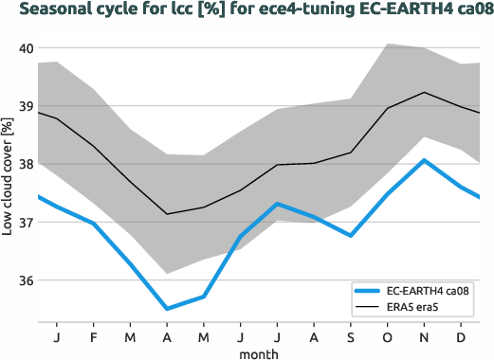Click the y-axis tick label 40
pyautogui.click(x=25, y=48)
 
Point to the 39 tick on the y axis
pyautogui.click(x=25, y=106)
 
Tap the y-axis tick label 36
pyautogui.click(x=25, y=281)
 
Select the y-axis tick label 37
pyautogui.click(x=25, y=223)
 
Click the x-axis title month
pyautogui.click(x=259, y=352)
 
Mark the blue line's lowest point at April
pyautogui.click(x=167, y=309)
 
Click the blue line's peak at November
pyautogui.click(x=425, y=160)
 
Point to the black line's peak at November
pyautogui.click(x=425, y=92)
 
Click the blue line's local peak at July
pyautogui.click(x=277, y=204)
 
